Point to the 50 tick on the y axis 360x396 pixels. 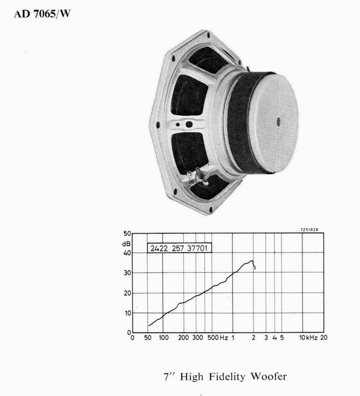pyautogui.click(x=128, y=234)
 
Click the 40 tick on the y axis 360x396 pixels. pyautogui.click(x=128, y=253)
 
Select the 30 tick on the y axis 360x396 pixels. pyautogui.click(x=128, y=273)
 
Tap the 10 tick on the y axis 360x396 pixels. pyautogui.click(x=128, y=313)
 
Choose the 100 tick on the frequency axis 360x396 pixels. pyautogui.click(x=164, y=338)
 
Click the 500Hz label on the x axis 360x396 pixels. pyautogui.click(x=216, y=338)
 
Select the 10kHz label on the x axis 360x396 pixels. pyautogui.click(x=307, y=338)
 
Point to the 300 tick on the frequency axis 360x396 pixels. pyautogui.click(x=197, y=338)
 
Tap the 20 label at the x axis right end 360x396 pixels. pyautogui.click(x=324, y=338)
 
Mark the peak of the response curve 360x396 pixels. pyautogui.click(x=252, y=261)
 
